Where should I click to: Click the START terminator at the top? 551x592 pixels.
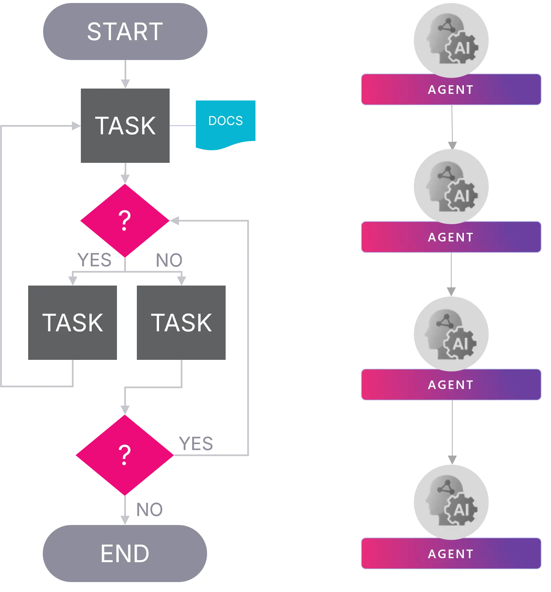click(125, 32)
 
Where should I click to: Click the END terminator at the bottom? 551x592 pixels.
click(125, 553)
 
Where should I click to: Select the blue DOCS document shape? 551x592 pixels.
click(225, 123)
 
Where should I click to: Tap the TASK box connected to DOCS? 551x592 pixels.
click(125, 126)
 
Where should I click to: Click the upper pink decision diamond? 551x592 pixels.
click(125, 221)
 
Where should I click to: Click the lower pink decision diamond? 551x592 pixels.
click(125, 455)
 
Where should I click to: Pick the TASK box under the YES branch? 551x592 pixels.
click(73, 322)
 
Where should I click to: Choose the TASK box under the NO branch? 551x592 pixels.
click(181, 322)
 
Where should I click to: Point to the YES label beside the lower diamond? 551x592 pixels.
click(196, 443)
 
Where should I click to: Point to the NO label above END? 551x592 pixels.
click(150, 510)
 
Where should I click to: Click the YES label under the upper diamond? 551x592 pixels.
click(94, 260)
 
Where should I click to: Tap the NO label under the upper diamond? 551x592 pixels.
click(169, 260)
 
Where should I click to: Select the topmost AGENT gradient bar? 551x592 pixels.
click(451, 90)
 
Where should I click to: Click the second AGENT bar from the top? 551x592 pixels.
click(451, 237)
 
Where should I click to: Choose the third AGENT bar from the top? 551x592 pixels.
click(451, 385)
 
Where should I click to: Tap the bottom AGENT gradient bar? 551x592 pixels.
click(451, 554)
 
